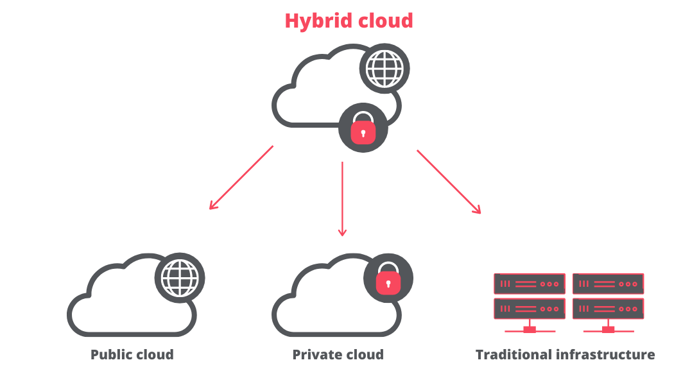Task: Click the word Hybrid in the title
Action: click(x=316, y=21)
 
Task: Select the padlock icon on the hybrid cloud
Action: click(x=363, y=128)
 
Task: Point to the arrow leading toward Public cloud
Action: click(x=241, y=178)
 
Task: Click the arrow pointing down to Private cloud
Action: click(x=342, y=198)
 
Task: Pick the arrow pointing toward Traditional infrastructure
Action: click(x=449, y=182)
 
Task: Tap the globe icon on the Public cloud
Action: click(x=180, y=277)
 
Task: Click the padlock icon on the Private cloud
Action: click(x=388, y=278)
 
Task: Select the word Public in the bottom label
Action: click(x=110, y=355)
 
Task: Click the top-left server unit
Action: click(x=530, y=284)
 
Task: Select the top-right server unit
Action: click(x=608, y=284)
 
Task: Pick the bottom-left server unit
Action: click(x=530, y=309)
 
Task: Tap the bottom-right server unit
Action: click(x=608, y=309)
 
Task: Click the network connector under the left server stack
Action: click(x=530, y=329)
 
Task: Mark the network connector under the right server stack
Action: click(x=608, y=329)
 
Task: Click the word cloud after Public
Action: click(x=155, y=355)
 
